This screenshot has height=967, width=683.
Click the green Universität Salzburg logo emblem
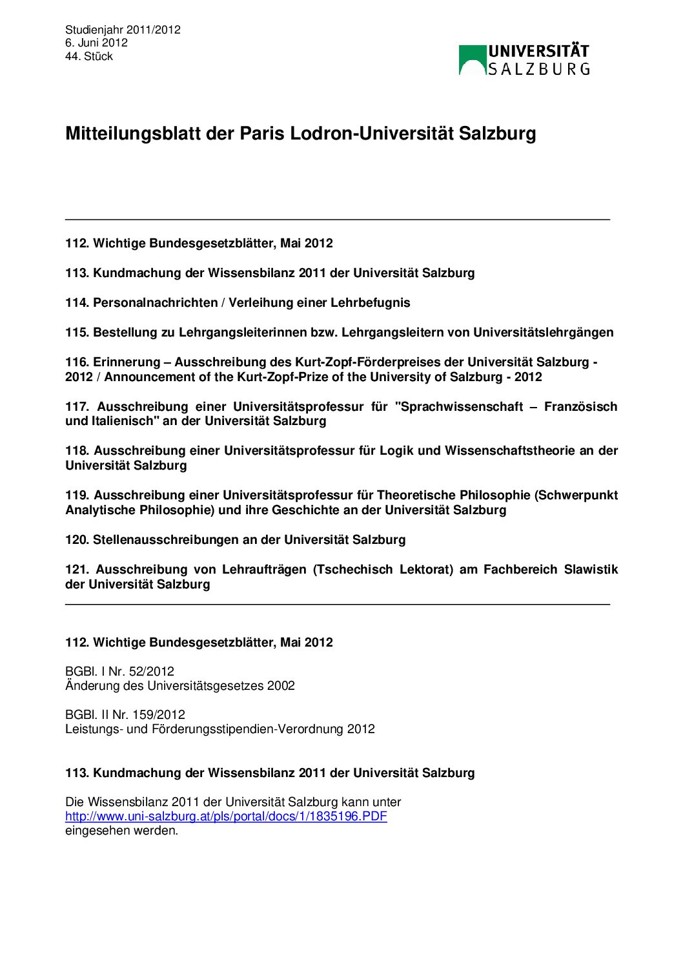473,60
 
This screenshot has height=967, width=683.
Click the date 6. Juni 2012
96,43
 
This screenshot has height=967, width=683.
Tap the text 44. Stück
89,56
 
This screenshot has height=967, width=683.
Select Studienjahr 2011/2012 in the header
123,30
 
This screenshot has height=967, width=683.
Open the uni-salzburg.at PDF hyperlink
226,816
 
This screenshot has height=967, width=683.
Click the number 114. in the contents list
77,303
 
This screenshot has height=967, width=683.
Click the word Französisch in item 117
580,407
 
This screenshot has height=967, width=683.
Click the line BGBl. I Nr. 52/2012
119,672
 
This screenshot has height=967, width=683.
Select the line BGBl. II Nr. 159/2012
125,715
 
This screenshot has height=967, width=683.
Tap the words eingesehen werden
121,831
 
